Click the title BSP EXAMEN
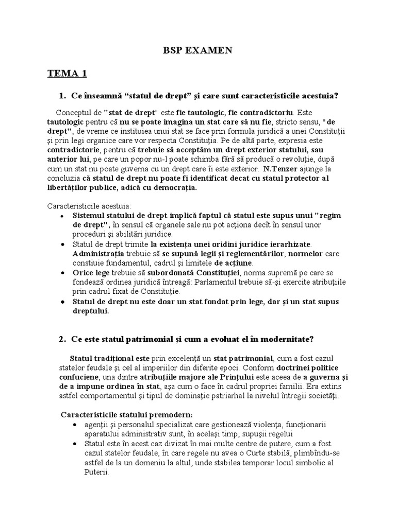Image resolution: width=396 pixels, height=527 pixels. (x=198, y=50)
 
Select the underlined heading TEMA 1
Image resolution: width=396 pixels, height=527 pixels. (x=67, y=74)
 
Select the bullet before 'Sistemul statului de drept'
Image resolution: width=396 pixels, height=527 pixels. (x=62, y=215)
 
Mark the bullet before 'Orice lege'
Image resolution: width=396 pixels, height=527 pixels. (x=62, y=273)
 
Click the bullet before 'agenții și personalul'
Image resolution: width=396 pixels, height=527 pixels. (x=76, y=425)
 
